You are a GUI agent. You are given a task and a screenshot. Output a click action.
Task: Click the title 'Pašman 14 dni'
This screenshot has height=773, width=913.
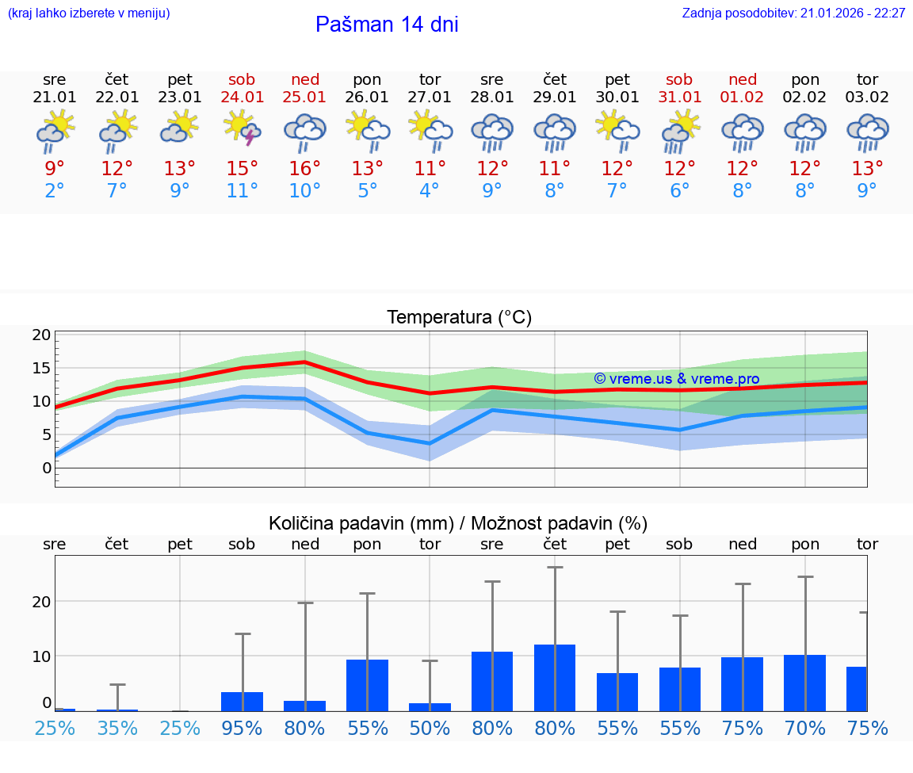[x=387, y=25]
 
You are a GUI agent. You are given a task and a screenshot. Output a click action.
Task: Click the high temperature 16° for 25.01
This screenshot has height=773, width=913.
[x=305, y=169]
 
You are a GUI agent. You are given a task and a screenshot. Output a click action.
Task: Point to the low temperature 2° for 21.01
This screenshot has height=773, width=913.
[x=55, y=191]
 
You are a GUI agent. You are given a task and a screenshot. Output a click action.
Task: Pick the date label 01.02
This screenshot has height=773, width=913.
[x=743, y=98]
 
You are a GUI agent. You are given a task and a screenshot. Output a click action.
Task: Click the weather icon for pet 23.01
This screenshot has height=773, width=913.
[x=180, y=128]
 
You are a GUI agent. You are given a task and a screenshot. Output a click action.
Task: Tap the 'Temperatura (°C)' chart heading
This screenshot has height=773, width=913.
[x=459, y=318]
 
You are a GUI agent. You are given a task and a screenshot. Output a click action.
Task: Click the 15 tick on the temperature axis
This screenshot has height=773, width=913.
[x=42, y=369]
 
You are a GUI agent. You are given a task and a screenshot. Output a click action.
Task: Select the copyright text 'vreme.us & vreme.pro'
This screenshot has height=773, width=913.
[x=677, y=379]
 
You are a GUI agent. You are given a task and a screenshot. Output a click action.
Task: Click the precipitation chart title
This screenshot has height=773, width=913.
[x=458, y=523]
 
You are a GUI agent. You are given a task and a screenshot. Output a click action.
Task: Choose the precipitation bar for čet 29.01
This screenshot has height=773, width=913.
[x=555, y=678]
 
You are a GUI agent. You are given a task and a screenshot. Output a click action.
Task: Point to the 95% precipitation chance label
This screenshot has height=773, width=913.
[x=243, y=729]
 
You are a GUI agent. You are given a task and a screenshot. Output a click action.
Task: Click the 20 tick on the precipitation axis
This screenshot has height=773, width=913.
[x=42, y=602]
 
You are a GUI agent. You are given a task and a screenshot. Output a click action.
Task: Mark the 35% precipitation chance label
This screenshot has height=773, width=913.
[x=117, y=729]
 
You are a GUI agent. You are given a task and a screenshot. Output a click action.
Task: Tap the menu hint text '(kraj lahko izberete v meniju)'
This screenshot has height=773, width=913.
[x=89, y=13]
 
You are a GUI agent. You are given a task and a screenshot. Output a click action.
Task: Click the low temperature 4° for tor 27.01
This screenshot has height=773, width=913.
[x=430, y=191]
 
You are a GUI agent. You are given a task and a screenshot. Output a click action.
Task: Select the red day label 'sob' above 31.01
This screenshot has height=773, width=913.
[x=679, y=79]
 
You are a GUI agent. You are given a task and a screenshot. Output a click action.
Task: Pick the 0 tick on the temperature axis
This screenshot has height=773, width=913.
[x=47, y=468]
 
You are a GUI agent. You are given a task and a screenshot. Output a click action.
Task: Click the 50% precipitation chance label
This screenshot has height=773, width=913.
[x=430, y=729]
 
